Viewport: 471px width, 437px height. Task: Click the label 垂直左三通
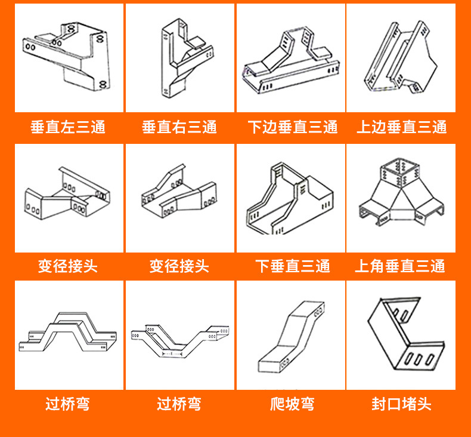click(x=68, y=127)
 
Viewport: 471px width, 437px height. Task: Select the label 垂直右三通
click(x=179, y=127)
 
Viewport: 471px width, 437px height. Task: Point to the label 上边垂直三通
click(x=401, y=127)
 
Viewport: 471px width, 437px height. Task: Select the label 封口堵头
click(x=401, y=404)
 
